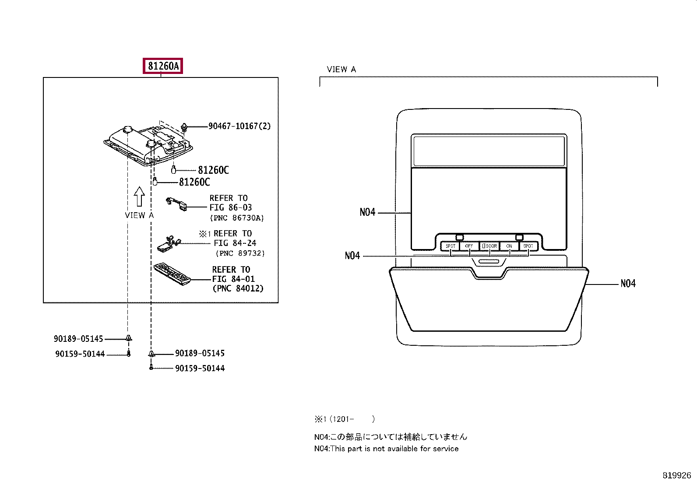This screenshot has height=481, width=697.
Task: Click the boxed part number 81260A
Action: (x=163, y=67)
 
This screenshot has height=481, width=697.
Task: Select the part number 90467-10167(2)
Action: (x=239, y=126)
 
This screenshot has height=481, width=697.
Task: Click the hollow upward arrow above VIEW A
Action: (x=139, y=197)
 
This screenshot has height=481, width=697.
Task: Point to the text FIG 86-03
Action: (x=230, y=207)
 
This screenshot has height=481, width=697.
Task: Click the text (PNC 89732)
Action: (x=240, y=253)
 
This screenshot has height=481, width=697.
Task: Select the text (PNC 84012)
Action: (x=238, y=288)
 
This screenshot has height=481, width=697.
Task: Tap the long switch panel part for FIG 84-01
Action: (x=172, y=274)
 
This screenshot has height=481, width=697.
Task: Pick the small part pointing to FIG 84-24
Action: (x=168, y=244)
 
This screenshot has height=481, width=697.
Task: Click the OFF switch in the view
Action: (x=469, y=246)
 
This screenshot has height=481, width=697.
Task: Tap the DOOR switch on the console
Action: (x=489, y=246)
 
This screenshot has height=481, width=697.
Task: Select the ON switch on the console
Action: (x=509, y=246)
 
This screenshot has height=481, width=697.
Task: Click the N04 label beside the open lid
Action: (x=628, y=284)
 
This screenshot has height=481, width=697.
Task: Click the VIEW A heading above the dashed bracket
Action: (x=341, y=69)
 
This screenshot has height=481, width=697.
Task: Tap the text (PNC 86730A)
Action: (x=237, y=218)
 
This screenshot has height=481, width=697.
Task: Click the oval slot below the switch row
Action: (x=489, y=261)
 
